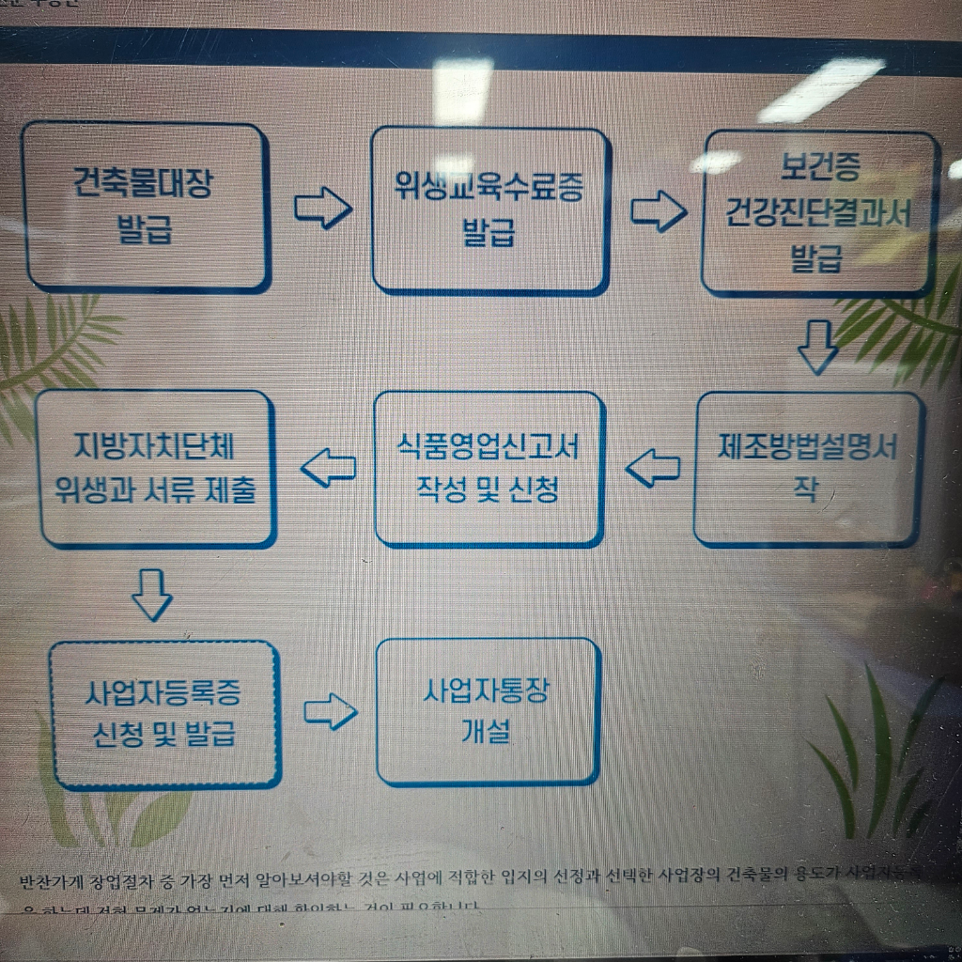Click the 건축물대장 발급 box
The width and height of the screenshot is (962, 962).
coord(147,207)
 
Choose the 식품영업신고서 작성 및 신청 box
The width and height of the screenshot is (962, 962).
coord(488,468)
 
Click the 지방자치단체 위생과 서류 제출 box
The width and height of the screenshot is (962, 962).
coord(156,468)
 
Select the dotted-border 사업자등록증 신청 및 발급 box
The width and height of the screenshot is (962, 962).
coord(163,714)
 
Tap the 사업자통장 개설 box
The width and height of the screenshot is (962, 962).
coord(487,711)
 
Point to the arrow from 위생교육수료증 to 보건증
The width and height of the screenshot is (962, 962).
coord(658,210)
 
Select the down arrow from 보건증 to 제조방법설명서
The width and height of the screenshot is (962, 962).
coord(817,347)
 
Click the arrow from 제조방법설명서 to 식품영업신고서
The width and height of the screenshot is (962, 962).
coord(653,467)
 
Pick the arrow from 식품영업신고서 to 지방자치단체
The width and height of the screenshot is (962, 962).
coord(328,467)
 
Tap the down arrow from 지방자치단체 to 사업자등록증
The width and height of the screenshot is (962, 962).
coord(152,595)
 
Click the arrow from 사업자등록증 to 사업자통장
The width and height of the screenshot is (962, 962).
coord(331,712)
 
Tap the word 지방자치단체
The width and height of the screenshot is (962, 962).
coord(156,445)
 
